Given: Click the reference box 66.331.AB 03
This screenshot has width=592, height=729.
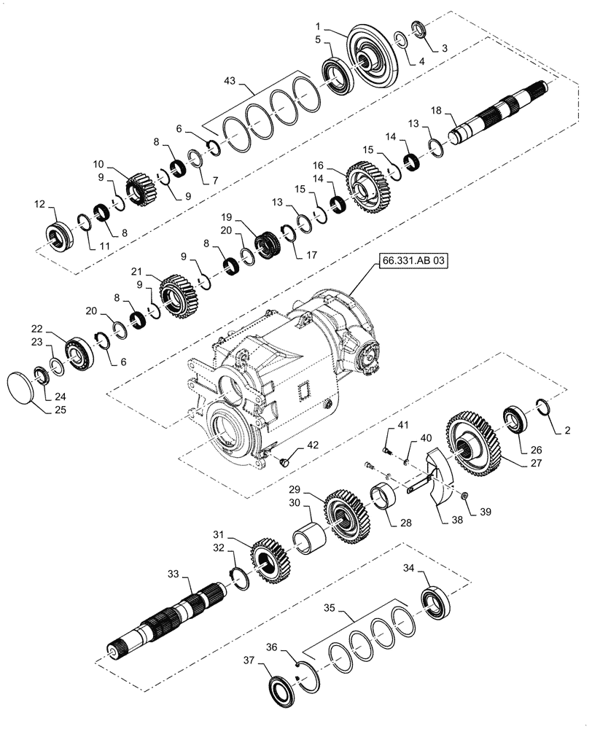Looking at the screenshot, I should (x=410, y=260).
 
